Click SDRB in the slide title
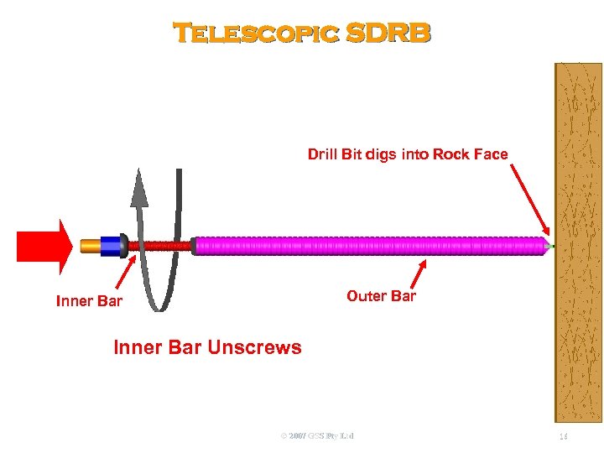tap(388, 33)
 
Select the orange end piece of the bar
tap(90, 246)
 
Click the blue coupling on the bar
tap(112, 246)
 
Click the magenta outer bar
tap(369, 246)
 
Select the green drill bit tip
tap(551, 245)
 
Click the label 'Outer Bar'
tap(381, 296)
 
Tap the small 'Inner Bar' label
tap(89, 301)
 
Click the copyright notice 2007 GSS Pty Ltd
tap(318, 436)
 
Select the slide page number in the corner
tap(565, 436)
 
